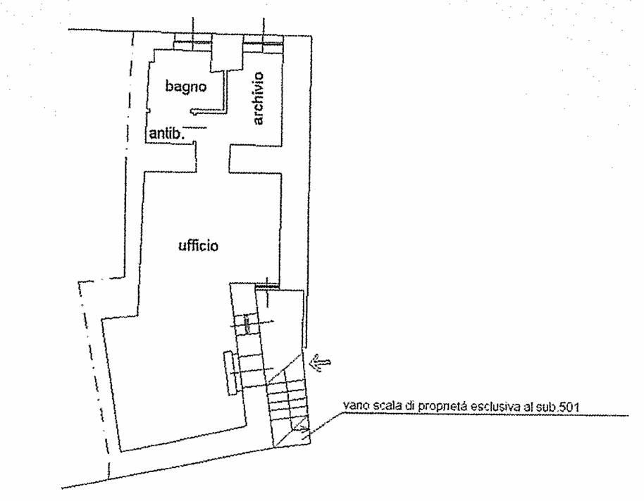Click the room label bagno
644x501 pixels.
coord(185,87)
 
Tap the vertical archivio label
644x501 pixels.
coord(258,98)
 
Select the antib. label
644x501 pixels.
coord(166,134)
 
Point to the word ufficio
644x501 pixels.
coord(199,246)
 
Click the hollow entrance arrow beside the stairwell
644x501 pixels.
coord(321,362)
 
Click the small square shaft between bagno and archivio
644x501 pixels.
coord(227,52)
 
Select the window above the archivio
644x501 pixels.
coord(263,43)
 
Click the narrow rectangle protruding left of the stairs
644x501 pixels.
coord(231,373)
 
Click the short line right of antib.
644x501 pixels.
coord(195,127)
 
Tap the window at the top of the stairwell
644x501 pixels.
coord(267,284)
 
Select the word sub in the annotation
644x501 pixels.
coord(545,407)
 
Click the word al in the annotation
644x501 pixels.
coord(528,407)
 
